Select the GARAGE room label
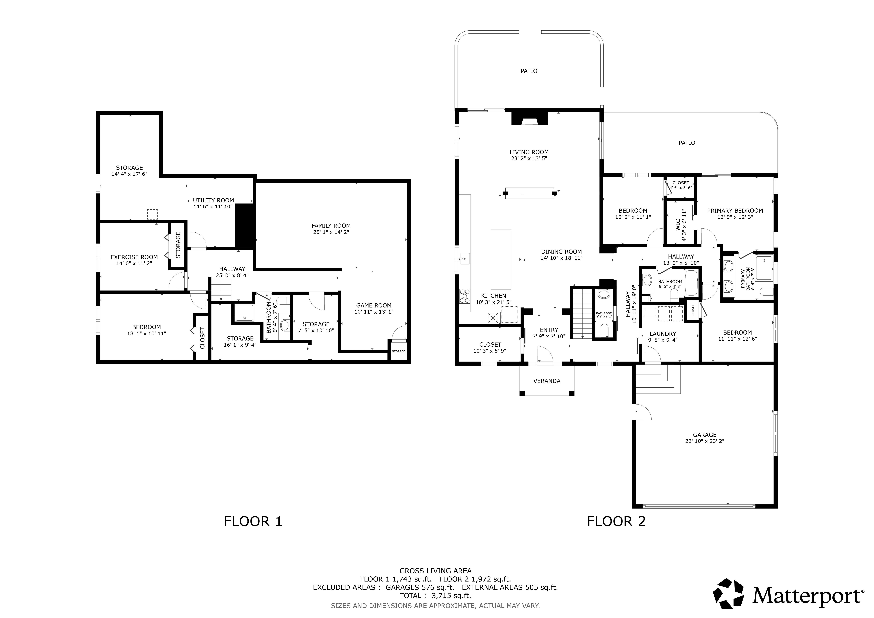click(x=705, y=435)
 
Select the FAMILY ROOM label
click(x=331, y=226)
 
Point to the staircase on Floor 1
click(x=221, y=289)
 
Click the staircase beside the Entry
click(x=582, y=312)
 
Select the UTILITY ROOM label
click(x=214, y=200)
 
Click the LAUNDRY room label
click(x=663, y=334)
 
